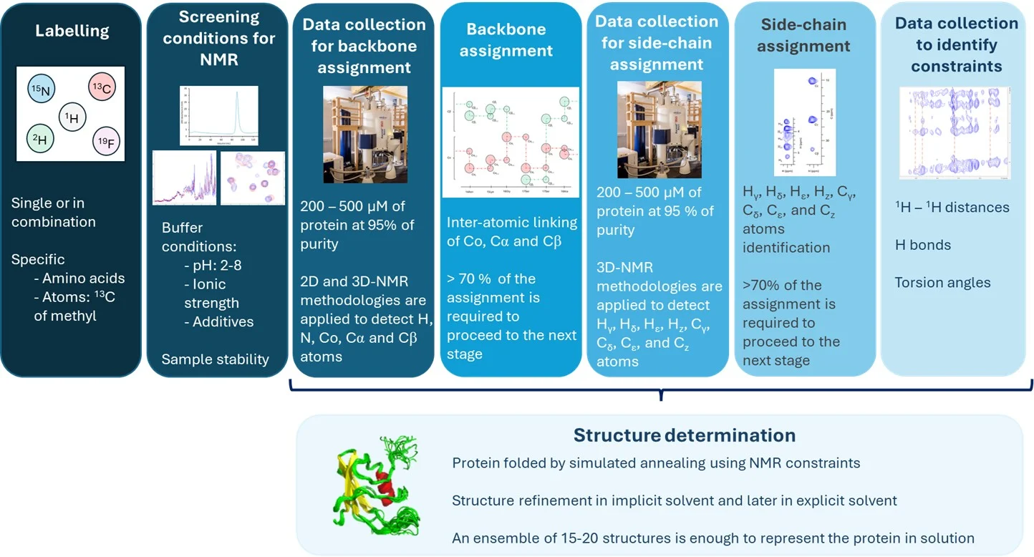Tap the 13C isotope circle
click(102, 88)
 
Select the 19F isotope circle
click(107, 140)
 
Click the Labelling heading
click(72, 32)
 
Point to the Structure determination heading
click(684, 435)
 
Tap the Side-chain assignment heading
click(803, 36)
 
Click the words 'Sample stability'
click(215, 359)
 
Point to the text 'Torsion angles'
click(942, 283)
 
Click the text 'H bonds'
click(923, 245)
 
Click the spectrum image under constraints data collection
click(955, 132)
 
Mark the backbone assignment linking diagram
click(510, 142)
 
